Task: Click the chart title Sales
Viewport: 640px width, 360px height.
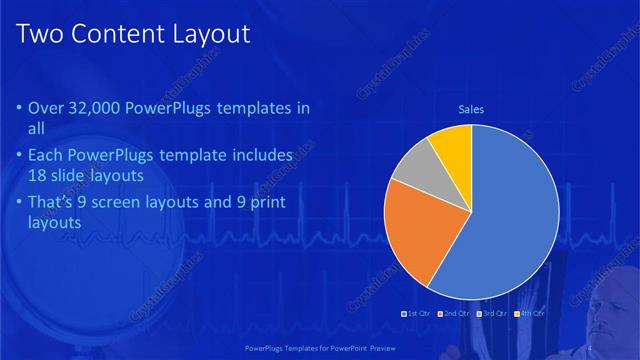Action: pyautogui.click(x=471, y=109)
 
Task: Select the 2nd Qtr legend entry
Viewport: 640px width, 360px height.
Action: pyautogui.click(x=454, y=314)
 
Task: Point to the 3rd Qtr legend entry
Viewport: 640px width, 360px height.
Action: pyautogui.click(x=492, y=314)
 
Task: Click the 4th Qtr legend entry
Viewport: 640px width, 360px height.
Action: pyautogui.click(x=530, y=314)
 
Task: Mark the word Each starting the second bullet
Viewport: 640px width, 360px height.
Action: pyautogui.click(x=46, y=156)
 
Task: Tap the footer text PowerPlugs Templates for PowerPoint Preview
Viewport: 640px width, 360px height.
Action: pyautogui.click(x=320, y=348)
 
